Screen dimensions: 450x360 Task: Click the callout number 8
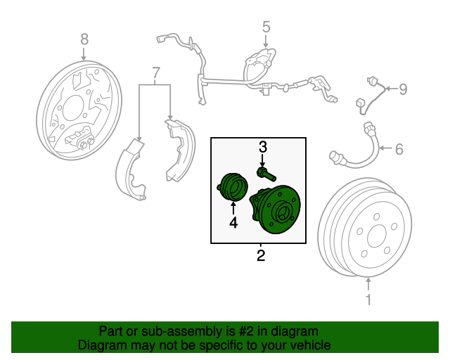84,39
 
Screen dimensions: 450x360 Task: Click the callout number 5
266,27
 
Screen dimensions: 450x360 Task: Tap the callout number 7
155,73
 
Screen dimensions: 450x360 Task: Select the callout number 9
403,89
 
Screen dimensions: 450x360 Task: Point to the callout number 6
399,149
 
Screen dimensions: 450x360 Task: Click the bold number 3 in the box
263,147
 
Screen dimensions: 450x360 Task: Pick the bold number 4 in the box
233,222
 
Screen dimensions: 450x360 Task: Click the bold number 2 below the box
261,255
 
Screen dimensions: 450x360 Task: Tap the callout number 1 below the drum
368,300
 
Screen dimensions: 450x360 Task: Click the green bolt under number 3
266,174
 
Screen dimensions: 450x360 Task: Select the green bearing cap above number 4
233,187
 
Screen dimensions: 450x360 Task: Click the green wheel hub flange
280,210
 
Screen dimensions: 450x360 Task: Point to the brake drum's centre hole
376,236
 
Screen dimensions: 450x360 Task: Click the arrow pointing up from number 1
368,284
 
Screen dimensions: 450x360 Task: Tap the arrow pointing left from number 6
385,148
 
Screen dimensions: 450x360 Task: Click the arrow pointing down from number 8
84,54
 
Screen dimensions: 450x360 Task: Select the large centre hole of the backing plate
72,108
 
